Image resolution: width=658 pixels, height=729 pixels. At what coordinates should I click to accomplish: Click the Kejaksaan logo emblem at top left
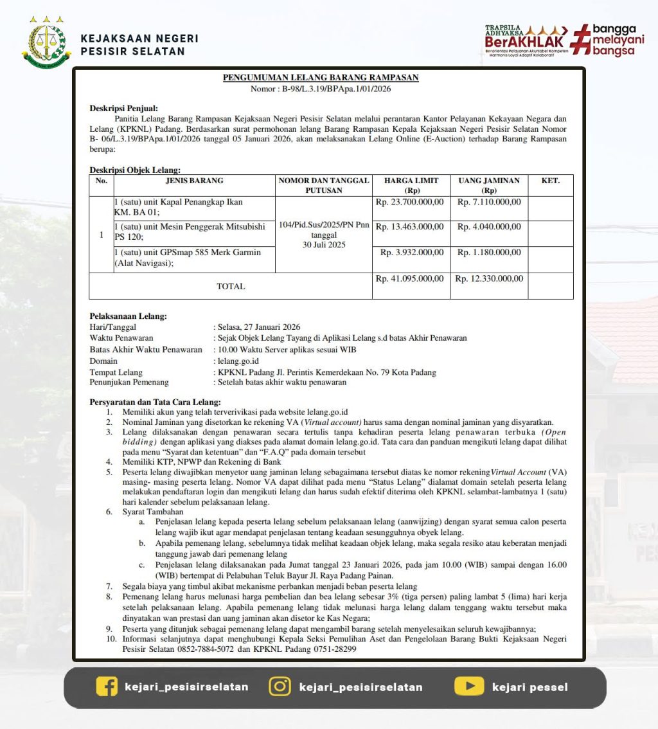coord(46,42)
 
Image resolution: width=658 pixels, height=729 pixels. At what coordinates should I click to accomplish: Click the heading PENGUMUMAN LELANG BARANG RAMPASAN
coord(321,78)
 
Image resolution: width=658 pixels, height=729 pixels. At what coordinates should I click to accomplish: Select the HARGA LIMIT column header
coord(411,185)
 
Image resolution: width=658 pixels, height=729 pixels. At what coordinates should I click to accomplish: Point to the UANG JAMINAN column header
coord(488,185)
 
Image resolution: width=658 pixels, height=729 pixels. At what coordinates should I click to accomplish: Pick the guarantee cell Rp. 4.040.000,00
coord(489,227)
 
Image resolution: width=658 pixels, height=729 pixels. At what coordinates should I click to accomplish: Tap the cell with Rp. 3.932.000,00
coord(412,253)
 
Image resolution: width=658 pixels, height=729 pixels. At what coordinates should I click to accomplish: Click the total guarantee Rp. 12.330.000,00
coord(489,279)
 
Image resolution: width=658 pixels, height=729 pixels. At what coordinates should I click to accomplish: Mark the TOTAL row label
coord(231,286)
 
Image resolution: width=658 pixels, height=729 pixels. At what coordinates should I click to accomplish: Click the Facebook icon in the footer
coord(107,687)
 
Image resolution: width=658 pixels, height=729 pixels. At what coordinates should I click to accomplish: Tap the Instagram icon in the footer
coord(279,687)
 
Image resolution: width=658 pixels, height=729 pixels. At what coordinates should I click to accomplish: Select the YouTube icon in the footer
coord(469,687)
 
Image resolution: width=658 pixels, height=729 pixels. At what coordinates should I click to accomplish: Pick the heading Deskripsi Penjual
coord(123,108)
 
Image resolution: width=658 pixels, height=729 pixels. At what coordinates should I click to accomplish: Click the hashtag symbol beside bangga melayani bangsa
coord(581,39)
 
